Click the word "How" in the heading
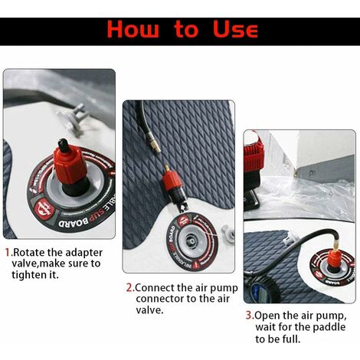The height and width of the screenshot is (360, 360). point(133,29)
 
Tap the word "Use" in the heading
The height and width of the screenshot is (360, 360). point(235,29)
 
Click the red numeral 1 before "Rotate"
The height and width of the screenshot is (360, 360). point(8,252)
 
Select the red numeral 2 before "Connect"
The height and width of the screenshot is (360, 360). point(129,288)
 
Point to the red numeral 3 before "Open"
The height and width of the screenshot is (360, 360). point(249,316)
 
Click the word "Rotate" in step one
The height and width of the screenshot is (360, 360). point(29,252)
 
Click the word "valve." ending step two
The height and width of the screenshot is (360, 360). point(149,310)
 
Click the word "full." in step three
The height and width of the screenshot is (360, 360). point(291,339)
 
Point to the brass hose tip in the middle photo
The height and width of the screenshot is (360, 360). point(155,147)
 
